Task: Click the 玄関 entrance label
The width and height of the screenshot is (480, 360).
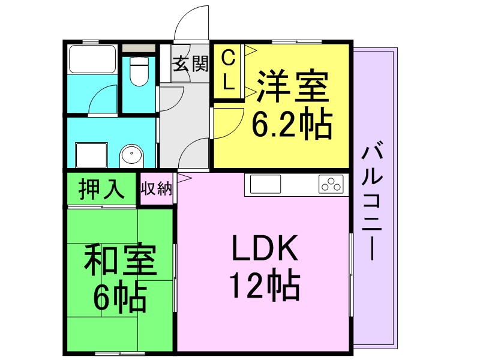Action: [x=191, y=64]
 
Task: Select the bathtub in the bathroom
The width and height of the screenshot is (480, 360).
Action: [x=92, y=59]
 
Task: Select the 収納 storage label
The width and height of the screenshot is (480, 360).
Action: [x=157, y=189]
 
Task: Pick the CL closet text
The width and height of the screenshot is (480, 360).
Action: [x=228, y=70]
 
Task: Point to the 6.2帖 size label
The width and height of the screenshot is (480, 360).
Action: [x=292, y=124]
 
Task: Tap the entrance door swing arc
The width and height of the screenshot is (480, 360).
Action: [x=191, y=24]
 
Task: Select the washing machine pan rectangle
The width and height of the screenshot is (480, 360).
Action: [x=91, y=155]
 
